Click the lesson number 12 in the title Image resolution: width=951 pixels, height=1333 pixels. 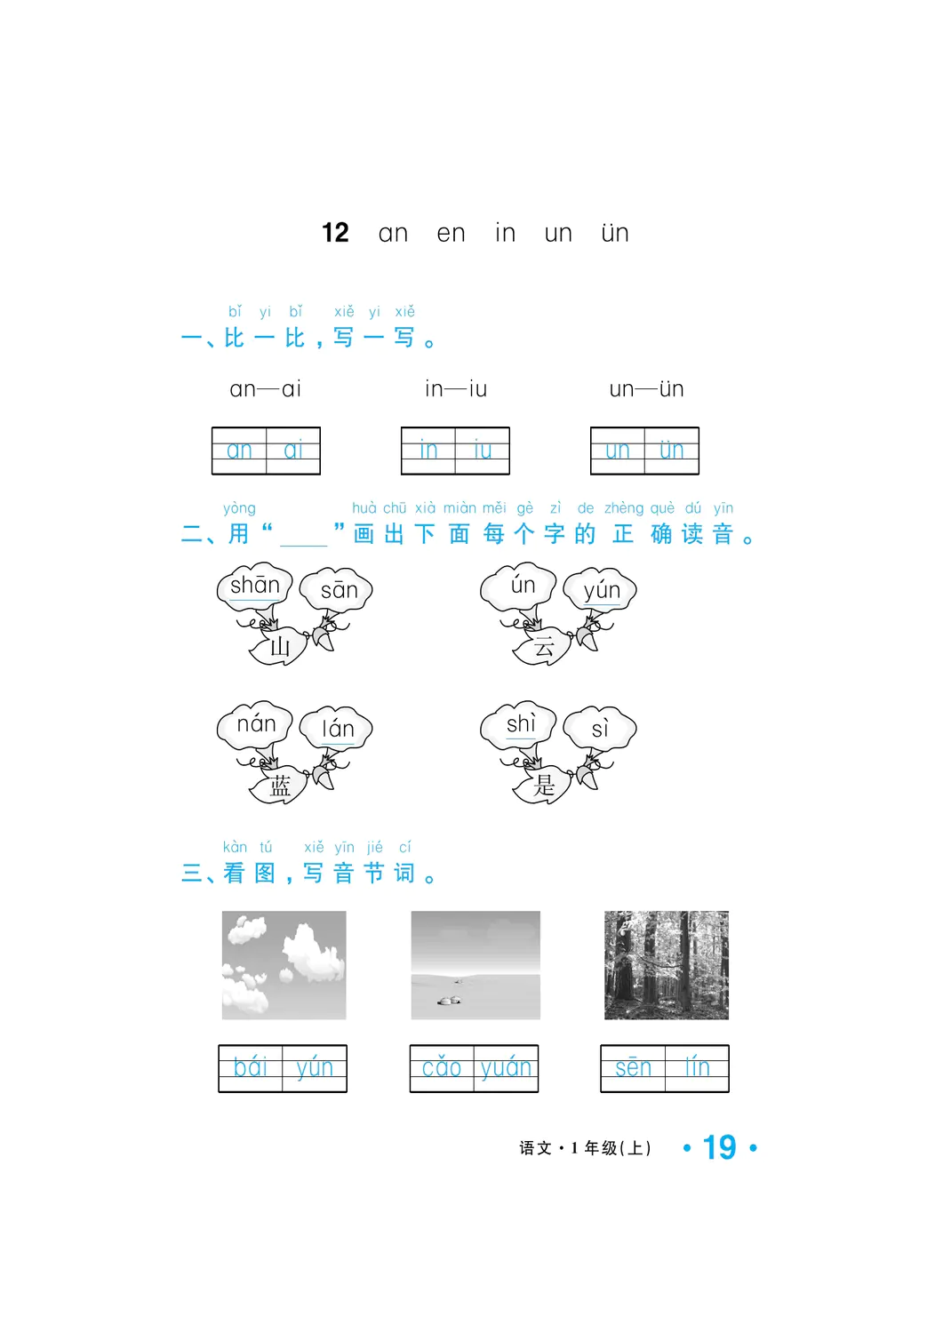pos(335,233)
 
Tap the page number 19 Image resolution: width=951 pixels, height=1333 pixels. pos(719,1148)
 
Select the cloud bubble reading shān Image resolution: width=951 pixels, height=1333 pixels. pos(254,587)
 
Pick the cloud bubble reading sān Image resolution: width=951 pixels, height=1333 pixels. pos(336,590)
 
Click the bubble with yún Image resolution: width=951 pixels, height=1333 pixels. pos(600,590)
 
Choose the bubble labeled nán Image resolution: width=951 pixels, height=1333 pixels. pos(255,725)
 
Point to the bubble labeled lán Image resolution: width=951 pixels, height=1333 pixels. pos(336,729)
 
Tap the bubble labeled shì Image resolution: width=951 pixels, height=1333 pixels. pos(518,725)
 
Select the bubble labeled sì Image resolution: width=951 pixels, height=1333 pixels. pos(600,729)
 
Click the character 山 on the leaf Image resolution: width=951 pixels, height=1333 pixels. pos(280,646)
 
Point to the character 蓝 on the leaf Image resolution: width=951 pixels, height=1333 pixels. pos(280,786)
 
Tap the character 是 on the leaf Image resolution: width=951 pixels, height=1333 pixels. pos(543,786)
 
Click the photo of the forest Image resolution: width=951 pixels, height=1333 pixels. pos(667,965)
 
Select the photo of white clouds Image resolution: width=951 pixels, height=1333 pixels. pos(284,965)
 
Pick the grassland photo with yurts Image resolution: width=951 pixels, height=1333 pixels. pos(475,965)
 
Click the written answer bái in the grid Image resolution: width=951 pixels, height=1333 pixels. pos(251,1067)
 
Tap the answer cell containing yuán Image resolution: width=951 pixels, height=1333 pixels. pos(506,1067)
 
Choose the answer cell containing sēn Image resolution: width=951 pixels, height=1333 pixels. pos(633,1067)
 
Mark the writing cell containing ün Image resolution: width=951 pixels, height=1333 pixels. pos(671,451)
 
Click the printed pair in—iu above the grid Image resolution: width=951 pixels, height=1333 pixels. pos(456,389)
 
